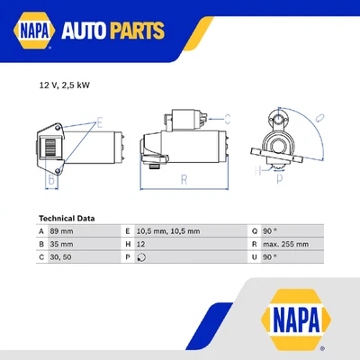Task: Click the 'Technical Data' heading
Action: tap(67, 218)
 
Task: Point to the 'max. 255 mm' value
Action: tap(286, 243)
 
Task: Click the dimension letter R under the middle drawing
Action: tap(184, 180)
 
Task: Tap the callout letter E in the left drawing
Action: tap(99, 121)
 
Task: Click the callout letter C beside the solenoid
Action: tap(228, 118)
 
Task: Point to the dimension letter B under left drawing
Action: tap(51, 180)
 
